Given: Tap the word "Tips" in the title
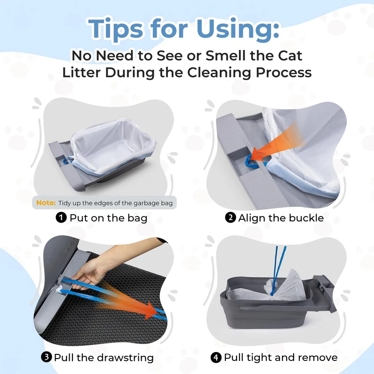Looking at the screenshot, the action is coord(116,29).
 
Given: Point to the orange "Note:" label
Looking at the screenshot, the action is coord(46,203).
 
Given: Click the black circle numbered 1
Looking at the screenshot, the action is coord(61,218).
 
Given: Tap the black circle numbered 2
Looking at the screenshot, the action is coord(230,218).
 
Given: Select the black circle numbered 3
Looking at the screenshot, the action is coord(46,357).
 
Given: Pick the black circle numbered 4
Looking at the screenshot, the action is coord(216,358).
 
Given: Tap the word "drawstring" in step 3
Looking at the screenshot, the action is coord(125,358).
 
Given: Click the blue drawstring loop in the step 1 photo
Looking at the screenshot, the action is coord(67,160).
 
